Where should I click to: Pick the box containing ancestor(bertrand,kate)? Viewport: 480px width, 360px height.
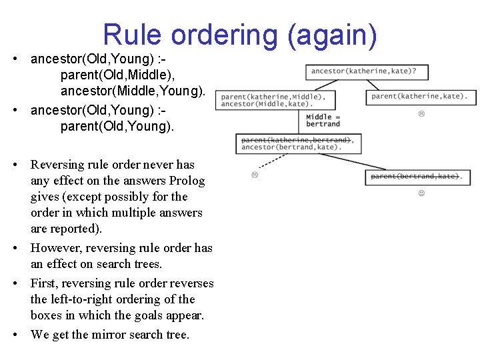pyautogui.click(x=297, y=144)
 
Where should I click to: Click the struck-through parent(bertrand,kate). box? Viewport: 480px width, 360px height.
pyautogui.click(x=415, y=177)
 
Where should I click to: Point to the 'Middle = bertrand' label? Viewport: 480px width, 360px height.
pyautogui.click(x=323, y=121)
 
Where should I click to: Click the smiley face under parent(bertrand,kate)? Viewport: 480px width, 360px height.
pyautogui.click(x=421, y=193)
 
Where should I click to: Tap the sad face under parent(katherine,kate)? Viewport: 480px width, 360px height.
pyautogui.click(x=421, y=114)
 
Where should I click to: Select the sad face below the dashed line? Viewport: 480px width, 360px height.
pyautogui.click(x=255, y=175)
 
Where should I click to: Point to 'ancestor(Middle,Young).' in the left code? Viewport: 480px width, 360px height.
pyautogui.click(x=133, y=91)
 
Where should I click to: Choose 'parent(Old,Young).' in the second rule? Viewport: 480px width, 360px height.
pyautogui.click(x=117, y=126)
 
